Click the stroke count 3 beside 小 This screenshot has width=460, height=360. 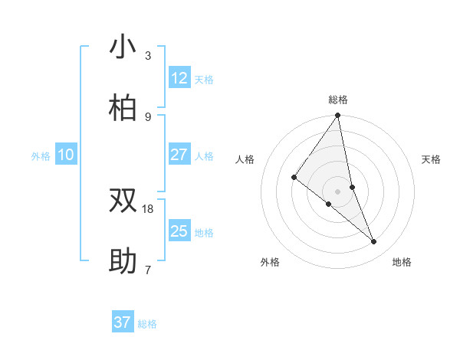[148, 56]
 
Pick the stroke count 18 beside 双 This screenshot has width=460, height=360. [148, 208]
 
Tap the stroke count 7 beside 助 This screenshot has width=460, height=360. [148, 270]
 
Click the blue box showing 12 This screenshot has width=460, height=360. [179, 78]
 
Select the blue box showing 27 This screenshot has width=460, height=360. [179, 155]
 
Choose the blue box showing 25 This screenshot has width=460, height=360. [179, 231]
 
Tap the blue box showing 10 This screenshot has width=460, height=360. [66, 155]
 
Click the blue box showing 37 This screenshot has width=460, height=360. [123, 322]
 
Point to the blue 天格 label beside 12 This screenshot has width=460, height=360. [204, 80]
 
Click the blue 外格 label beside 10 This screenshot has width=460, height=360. [41, 156]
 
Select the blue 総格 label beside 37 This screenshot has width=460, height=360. [147, 324]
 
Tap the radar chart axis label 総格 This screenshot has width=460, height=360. [338, 100]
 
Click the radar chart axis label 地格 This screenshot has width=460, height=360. [402, 262]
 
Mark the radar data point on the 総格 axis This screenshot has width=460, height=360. [338, 116]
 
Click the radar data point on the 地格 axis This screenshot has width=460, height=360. [374, 241]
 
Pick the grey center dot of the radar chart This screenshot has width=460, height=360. [338, 191]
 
